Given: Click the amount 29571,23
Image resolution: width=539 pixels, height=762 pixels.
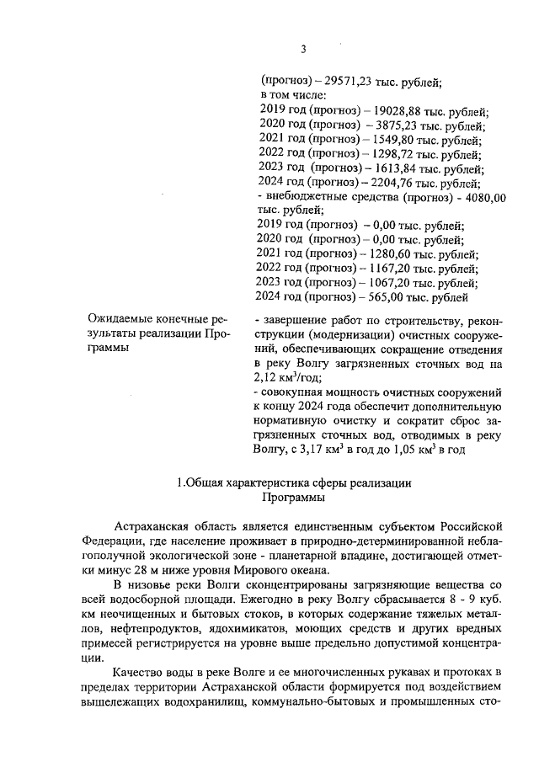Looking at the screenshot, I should point(342,82).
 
